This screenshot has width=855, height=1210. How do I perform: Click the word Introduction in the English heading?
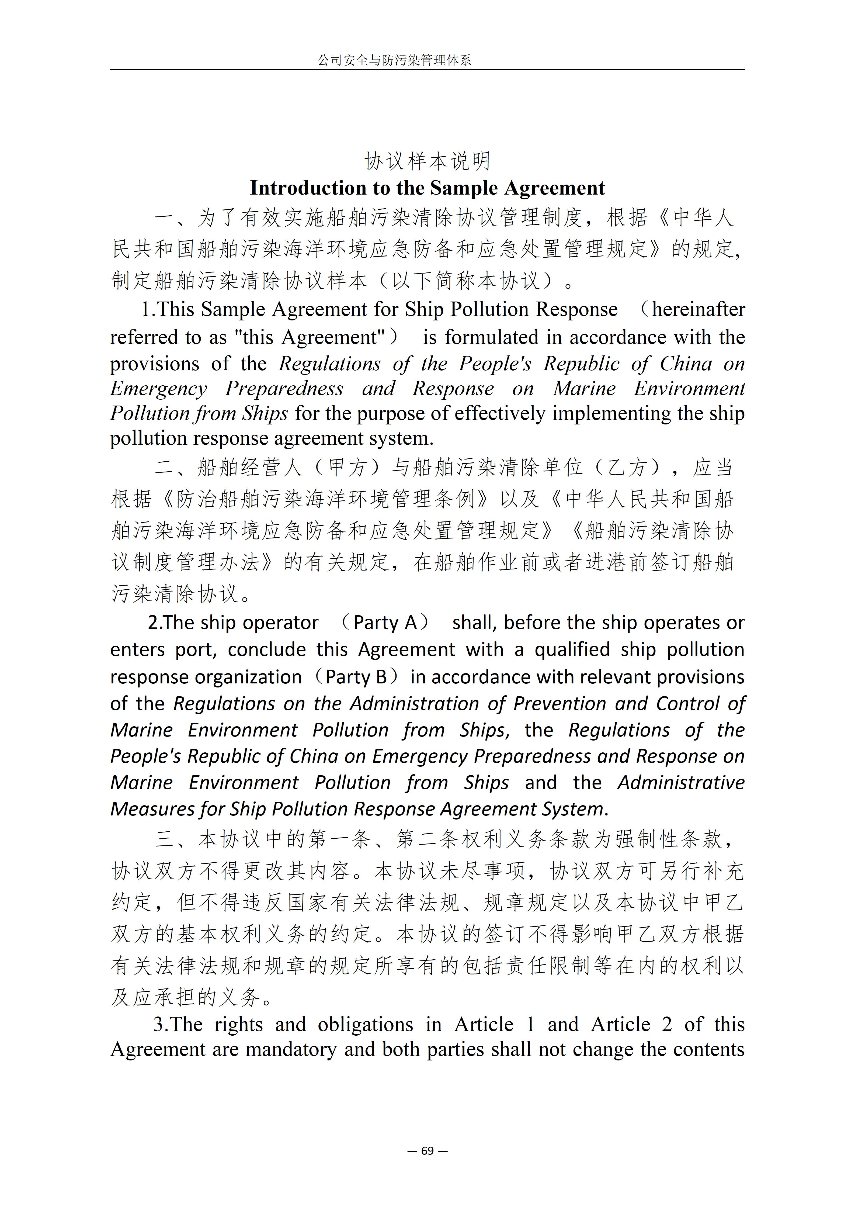(308, 188)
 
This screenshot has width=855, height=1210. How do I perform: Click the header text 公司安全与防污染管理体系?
(394, 61)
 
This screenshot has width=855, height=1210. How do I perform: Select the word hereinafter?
(698, 309)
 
